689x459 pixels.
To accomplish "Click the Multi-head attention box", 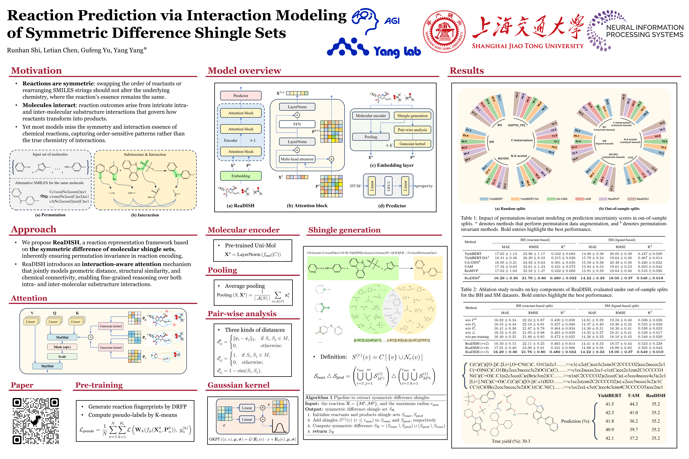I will coord(297,159).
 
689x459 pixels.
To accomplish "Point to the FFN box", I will coord(297,124).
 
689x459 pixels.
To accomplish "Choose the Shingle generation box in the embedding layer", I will coord(412,116).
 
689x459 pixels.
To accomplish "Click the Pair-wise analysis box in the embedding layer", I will coord(412,130).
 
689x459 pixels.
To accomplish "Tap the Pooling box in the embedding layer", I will coord(370,137).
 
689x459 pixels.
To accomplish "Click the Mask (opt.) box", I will coord(62,347).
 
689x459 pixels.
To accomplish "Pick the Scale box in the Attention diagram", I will coord(62,357).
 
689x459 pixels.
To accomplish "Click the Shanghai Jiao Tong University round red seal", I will coord(444,31).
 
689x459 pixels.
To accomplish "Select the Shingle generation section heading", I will coord(344,230).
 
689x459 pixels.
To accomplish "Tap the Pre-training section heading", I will coord(99,385).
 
